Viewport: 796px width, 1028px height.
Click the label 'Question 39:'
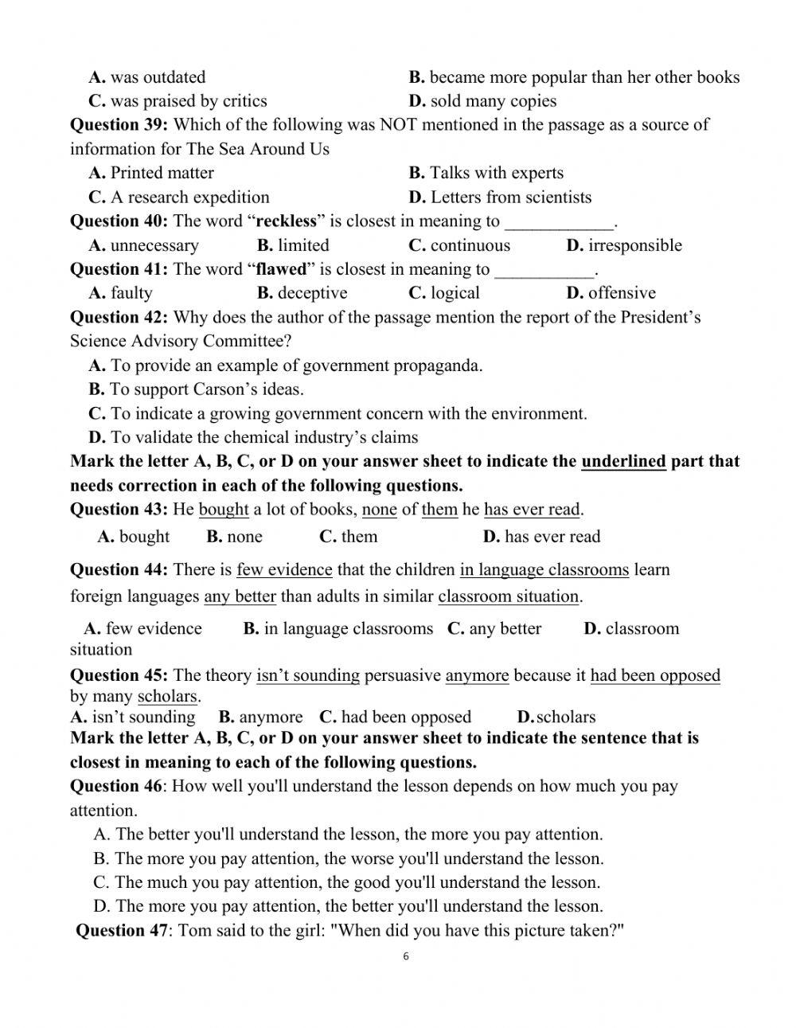coord(119,125)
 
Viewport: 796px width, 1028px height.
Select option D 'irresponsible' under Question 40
coord(624,245)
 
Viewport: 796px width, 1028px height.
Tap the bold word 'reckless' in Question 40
coord(286,221)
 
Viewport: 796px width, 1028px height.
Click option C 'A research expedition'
coord(179,197)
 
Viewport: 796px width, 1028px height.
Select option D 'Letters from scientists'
coord(500,197)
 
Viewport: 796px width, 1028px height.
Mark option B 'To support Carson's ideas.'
coord(196,389)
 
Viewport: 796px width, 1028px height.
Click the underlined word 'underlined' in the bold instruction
coord(623,462)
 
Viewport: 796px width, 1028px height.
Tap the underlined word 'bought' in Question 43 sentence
coord(224,510)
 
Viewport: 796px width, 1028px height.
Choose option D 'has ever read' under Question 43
coord(541,537)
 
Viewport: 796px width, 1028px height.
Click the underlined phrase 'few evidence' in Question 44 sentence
coord(284,570)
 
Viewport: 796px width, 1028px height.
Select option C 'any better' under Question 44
coord(494,628)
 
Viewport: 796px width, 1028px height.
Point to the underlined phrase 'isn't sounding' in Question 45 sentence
coord(308,676)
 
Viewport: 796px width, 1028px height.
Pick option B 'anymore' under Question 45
coord(261,717)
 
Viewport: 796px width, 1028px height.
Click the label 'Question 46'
coord(115,787)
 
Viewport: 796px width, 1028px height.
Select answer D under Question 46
coord(348,906)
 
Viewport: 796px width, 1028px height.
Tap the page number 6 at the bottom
coord(406,956)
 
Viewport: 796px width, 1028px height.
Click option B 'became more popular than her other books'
coord(574,77)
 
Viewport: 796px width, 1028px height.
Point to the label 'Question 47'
coord(122,931)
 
